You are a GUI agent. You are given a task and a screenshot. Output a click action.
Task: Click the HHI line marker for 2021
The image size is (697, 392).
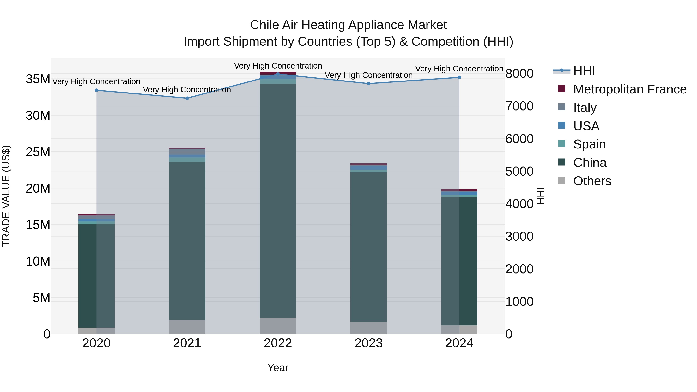[187, 98]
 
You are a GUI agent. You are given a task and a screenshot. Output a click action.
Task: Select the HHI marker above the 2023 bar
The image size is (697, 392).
[368, 84]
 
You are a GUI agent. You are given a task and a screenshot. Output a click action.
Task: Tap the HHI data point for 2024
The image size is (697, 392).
[459, 77]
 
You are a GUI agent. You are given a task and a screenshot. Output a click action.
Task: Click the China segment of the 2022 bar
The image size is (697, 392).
[278, 200]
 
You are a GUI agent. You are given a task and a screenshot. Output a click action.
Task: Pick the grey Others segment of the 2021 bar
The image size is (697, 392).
[187, 327]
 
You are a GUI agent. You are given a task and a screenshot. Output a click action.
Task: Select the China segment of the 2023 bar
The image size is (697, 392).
[368, 246]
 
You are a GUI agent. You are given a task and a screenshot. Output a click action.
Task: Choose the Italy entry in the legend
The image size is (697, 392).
[585, 108]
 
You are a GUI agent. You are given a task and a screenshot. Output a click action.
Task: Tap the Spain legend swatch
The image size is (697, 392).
[562, 144]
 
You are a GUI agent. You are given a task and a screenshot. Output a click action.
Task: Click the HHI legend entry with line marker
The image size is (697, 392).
[574, 71]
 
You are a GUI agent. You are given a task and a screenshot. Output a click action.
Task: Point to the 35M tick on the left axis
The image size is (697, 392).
[38, 79]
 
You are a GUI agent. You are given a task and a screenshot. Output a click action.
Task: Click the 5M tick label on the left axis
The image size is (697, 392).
[41, 298]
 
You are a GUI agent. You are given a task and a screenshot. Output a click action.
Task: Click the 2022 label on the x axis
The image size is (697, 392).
[278, 343]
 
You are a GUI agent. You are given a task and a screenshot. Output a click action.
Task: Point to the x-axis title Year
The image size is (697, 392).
[278, 368]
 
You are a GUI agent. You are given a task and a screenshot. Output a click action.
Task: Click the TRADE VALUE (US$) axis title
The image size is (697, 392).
[6, 196]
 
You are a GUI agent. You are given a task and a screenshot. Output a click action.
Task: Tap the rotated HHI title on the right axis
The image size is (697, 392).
[540, 196]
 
